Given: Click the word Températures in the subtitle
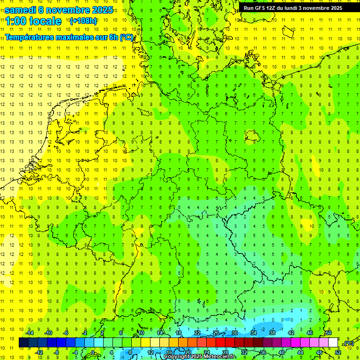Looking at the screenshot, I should (29, 37).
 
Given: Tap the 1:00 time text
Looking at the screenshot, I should (15, 21).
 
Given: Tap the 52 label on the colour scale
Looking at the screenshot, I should (338, 352).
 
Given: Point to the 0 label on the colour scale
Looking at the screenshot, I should (93, 352).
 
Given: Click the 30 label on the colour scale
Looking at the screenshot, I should (234, 333).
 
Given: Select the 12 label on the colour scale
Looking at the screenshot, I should (150, 352).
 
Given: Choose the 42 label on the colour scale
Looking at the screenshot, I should (291, 333).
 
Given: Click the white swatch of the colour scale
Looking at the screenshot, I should (333, 342).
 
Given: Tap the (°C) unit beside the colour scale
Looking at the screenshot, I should (348, 344).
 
